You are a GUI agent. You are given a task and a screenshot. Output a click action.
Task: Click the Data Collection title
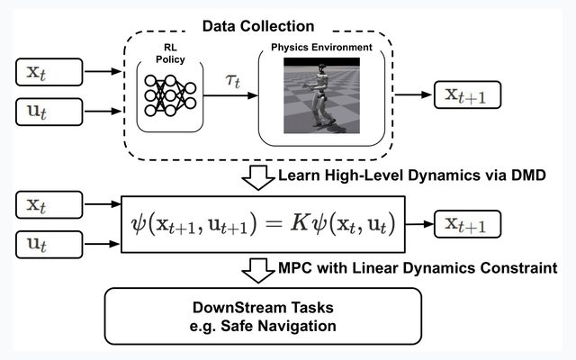point(258,26)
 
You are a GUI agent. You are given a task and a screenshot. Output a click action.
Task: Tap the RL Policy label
point(170,54)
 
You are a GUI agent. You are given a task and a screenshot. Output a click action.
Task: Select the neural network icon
point(170,95)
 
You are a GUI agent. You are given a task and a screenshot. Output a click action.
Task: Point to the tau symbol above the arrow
point(233,80)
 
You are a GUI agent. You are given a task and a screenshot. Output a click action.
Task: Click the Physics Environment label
point(321,48)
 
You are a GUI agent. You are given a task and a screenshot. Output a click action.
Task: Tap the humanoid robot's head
point(322,68)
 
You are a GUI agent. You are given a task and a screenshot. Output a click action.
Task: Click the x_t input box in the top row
point(49,72)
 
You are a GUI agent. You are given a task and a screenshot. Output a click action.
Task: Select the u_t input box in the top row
point(49,112)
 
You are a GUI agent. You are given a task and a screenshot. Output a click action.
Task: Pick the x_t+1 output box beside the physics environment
point(467,94)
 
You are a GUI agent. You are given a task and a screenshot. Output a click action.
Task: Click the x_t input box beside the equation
point(49,204)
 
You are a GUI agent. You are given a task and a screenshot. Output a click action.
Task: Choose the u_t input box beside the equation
point(49,244)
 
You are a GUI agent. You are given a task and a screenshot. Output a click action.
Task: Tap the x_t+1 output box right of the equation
point(467,224)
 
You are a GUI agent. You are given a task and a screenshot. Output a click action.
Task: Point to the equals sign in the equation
point(274,224)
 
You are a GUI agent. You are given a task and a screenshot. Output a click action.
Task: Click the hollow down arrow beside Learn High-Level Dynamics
point(258,178)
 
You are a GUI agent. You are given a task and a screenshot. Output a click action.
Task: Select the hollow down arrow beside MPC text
point(258,271)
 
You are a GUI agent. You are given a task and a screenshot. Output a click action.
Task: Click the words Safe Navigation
point(278,326)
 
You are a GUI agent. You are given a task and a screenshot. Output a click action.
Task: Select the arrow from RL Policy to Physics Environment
point(230,95)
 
